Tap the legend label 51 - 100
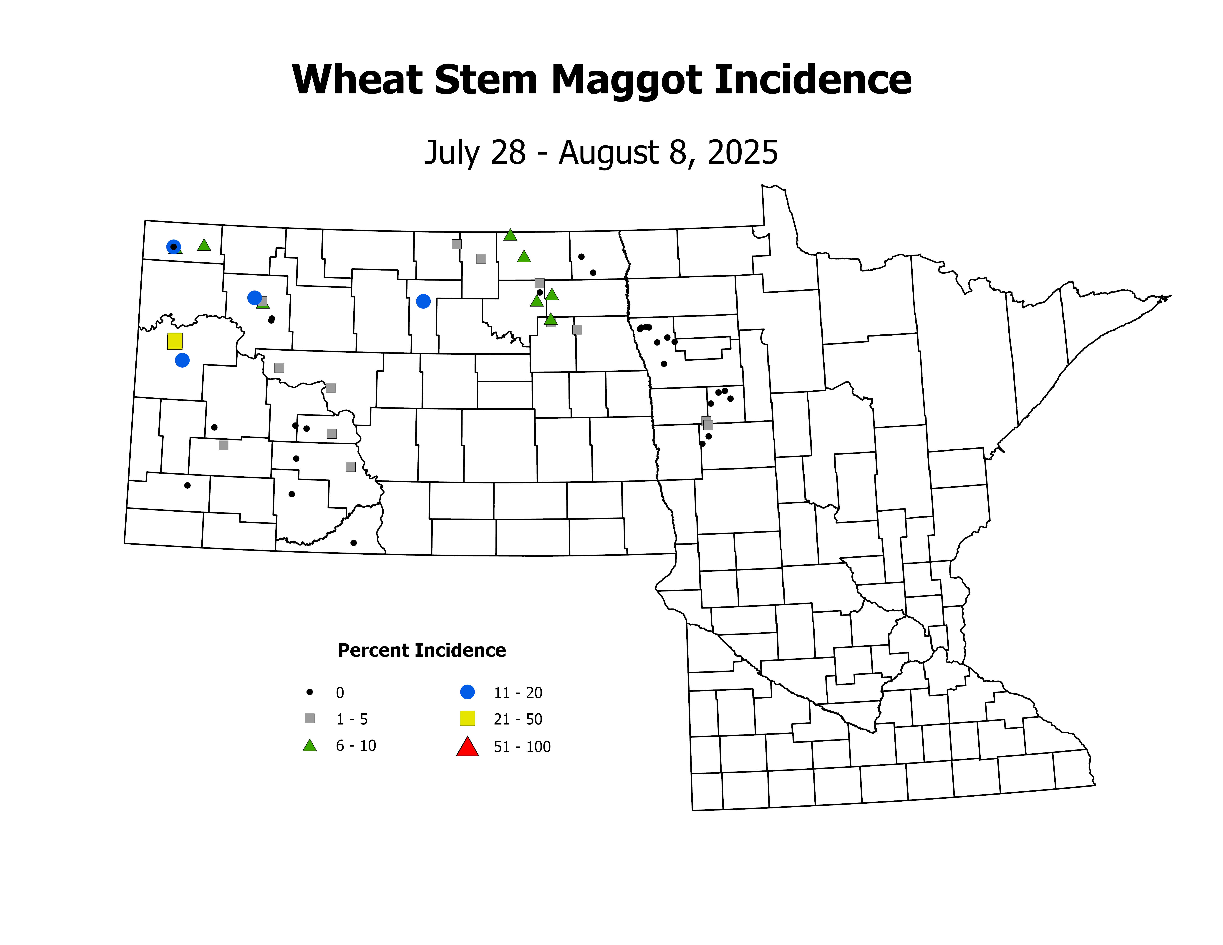[522, 747]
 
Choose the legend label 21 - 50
[518, 719]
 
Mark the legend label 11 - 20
[518, 693]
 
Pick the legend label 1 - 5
[352, 719]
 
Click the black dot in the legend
[310, 692]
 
